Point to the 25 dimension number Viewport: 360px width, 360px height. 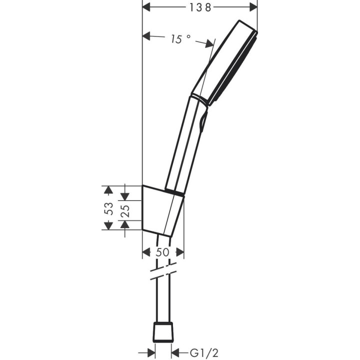(125, 208)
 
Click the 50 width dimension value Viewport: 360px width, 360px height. (162, 252)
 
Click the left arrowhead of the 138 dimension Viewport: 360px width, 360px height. (147, 7)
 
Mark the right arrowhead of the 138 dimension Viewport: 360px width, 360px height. (253, 7)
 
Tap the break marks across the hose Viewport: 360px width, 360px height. (163, 274)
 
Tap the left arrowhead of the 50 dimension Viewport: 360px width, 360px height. (147, 252)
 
